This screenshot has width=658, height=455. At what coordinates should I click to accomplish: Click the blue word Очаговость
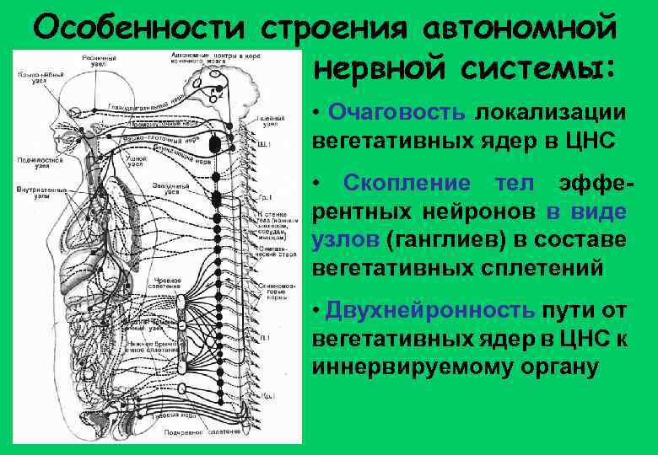(396, 113)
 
